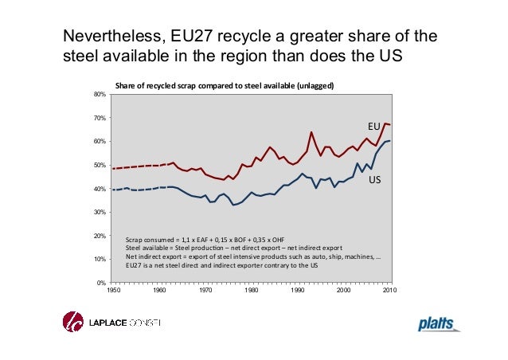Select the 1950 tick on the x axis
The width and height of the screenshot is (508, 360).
click(114, 291)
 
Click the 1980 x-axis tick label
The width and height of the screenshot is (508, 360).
click(252, 291)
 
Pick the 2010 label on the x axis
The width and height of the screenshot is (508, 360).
click(390, 291)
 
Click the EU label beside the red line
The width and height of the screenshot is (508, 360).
click(373, 127)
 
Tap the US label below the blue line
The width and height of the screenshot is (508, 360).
click(373, 181)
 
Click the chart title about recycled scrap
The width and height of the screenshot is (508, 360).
click(224, 85)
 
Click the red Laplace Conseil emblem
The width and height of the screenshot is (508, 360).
click(73, 323)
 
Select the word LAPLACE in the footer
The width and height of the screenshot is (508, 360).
click(103, 323)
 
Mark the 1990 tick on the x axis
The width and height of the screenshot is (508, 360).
click(298, 291)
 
